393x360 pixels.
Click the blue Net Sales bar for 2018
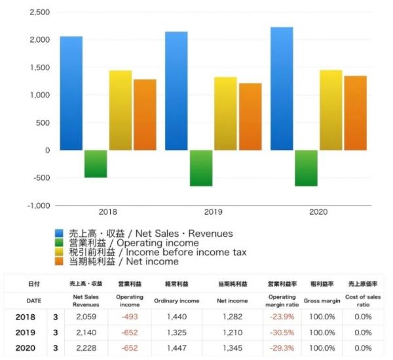71,93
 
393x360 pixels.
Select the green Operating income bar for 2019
201,168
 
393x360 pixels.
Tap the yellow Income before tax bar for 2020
331,110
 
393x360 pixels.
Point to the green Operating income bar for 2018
96,164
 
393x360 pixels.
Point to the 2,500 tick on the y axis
40,12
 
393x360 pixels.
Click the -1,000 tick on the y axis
37,205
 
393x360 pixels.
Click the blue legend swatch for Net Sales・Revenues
58,234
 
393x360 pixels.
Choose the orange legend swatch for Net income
58,262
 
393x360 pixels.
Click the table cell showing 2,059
86,316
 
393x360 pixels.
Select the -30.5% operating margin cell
282,332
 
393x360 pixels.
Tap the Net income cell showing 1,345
233,348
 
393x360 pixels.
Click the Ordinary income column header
176,300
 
